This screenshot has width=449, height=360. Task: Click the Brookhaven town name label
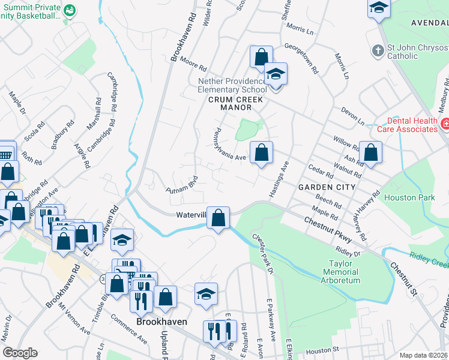(x=161, y=322)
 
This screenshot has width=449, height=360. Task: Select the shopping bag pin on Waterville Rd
(x=218, y=217)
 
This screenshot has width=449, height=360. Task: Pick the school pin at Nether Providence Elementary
(x=276, y=75)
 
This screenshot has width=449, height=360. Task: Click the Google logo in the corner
(x=20, y=353)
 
